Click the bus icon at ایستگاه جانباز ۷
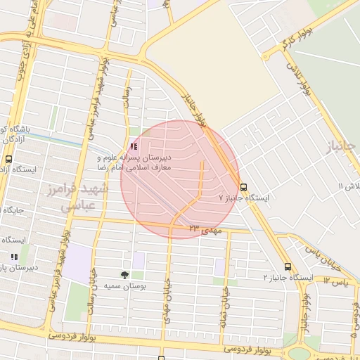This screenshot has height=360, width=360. tap(243, 188)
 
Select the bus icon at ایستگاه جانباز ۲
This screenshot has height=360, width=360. tap(288, 266)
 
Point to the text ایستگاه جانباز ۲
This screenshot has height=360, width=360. tap(288, 278)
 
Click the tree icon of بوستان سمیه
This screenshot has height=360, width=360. tap(124, 275)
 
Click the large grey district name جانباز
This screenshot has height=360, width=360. tap(343, 146)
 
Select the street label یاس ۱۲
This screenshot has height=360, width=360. tap(337, 281)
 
